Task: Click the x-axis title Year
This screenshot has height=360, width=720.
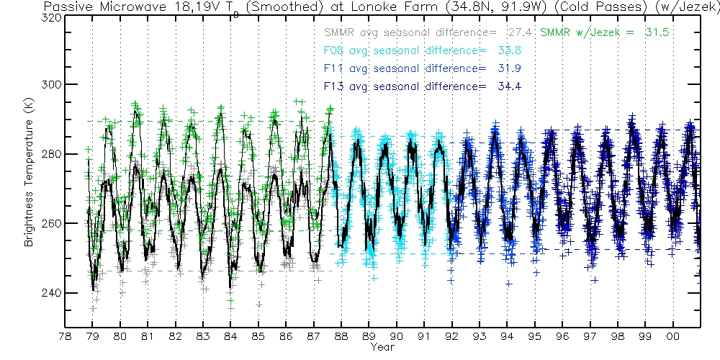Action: tap(382, 348)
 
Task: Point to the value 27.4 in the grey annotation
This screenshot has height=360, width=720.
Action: tap(518, 33)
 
